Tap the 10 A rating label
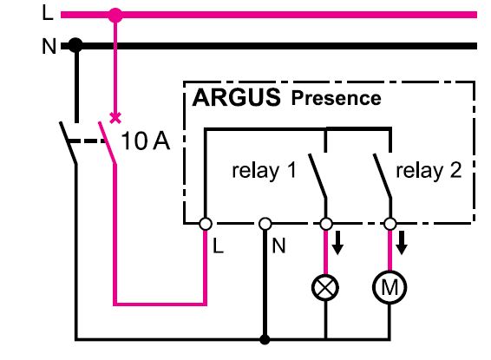145,141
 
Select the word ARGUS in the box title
237,97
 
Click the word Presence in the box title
336,98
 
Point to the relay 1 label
264,171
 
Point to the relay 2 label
429,171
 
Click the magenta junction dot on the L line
115,15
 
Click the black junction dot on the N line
75,46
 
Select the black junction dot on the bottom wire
265,339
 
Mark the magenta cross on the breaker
115,118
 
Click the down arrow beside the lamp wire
337,243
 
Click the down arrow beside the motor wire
402,243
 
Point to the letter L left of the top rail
48,14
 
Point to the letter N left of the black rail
49,46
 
